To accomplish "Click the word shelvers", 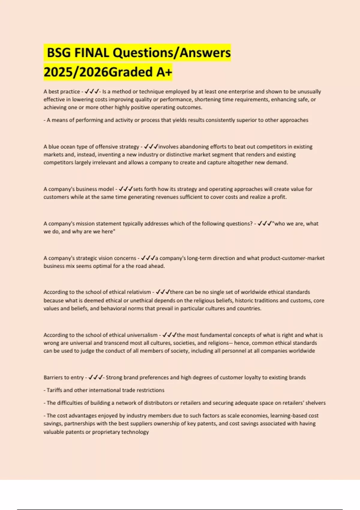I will click(315, 403).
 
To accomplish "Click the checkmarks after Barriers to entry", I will click(95, 377).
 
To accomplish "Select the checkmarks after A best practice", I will click(92, 91).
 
